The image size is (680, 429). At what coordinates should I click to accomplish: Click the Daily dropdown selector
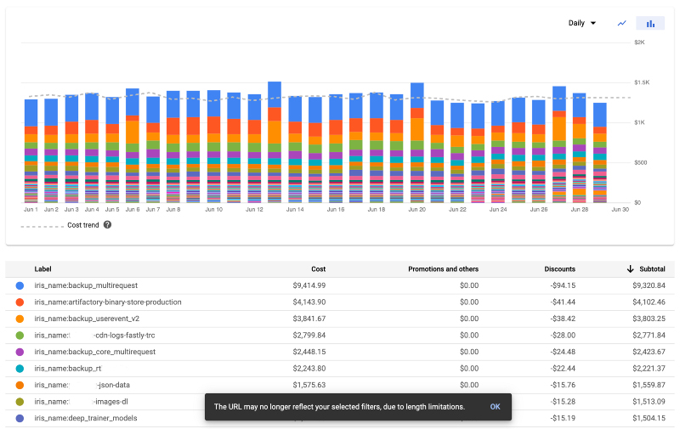coord(582,23)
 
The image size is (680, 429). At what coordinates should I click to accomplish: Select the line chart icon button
coord(622,23)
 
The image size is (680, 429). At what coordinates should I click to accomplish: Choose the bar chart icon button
coord(650,23)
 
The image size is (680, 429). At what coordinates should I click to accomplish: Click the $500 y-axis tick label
coord(640,162)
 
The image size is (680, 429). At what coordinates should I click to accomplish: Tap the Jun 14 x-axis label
coord(294,209)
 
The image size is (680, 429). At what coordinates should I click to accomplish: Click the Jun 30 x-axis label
coord(620,209)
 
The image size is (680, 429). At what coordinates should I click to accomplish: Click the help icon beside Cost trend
coord(107,225)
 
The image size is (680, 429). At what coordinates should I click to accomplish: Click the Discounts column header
coord(559,268)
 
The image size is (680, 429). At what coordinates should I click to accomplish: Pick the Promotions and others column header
coord(443,268)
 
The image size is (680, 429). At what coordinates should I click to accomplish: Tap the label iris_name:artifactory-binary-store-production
coord(108,302)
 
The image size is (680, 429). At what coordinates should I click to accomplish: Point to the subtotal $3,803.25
coord(648,319)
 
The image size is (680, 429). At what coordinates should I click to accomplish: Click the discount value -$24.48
coord(561,352)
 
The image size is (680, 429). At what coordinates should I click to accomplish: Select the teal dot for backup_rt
coord(20,369)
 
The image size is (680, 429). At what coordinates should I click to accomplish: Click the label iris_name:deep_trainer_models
coord(86,418)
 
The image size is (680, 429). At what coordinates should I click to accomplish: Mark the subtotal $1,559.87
coord(648,385)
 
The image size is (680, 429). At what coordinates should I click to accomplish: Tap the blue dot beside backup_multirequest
coord(20,285)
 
